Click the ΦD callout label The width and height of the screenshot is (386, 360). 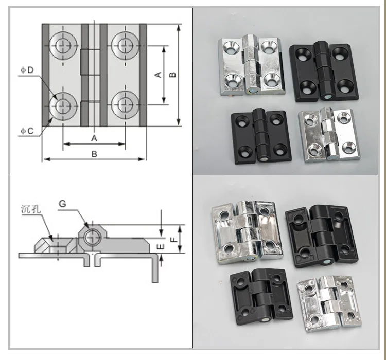[27, 70]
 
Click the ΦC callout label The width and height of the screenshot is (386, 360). [27, 131]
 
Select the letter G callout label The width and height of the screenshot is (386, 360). [62, 204]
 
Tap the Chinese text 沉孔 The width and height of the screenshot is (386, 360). [31, 209]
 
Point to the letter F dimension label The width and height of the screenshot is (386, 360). [174, 239]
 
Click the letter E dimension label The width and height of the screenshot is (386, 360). [161, 246]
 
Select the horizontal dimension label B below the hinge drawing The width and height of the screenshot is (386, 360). [94, 154]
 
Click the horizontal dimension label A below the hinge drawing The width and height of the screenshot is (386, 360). [94, 138]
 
